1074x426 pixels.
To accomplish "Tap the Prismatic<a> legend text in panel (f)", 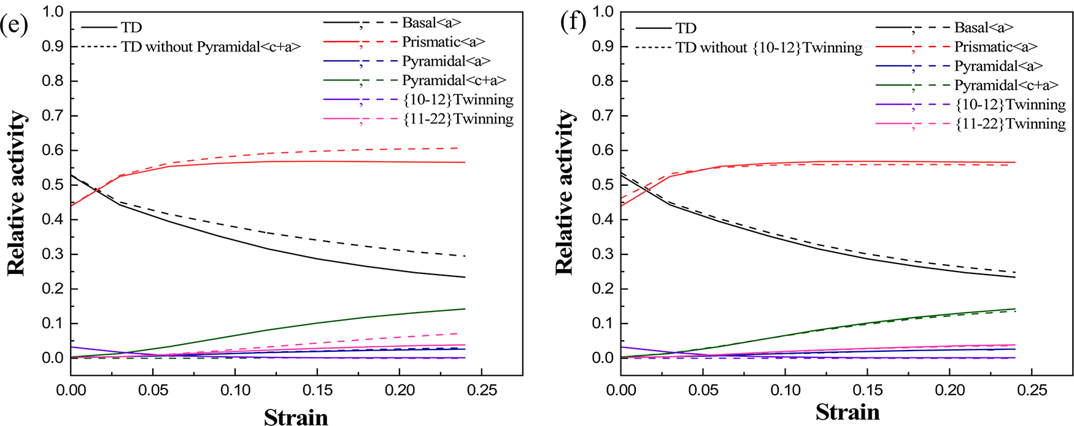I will pos(995,47).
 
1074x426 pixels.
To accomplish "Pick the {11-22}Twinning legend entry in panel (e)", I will pos(458,119).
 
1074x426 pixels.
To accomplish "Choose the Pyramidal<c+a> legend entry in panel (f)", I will pos(1006,85).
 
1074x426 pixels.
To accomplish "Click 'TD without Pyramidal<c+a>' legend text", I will pos(211,47).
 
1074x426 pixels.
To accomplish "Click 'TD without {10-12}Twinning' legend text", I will pos(769,48).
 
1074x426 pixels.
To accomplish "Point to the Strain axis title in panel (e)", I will pos(296,417).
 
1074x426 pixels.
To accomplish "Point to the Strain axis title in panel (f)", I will pos(848,412).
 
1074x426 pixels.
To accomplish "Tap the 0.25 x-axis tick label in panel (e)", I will pos(482,390).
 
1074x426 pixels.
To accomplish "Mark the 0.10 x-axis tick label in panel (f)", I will pos(786,390).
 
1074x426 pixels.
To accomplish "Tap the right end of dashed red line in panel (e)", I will pos(458,148).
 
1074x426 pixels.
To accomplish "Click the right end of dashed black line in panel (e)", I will pos(465,256).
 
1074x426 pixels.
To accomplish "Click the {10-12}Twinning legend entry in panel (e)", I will pos(458,100).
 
